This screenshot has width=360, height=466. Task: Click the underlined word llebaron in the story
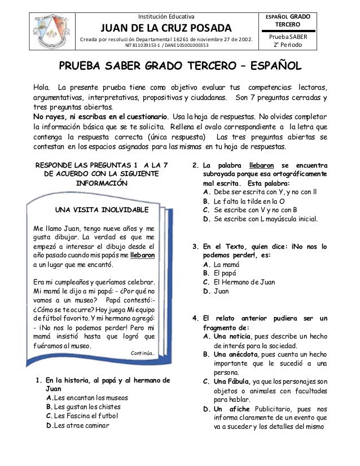(144, 254)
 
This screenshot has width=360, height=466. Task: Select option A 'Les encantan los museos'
(91, 398)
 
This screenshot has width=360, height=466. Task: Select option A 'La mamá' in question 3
(221, 264)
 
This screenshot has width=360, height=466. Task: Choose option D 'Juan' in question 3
(217, 291)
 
